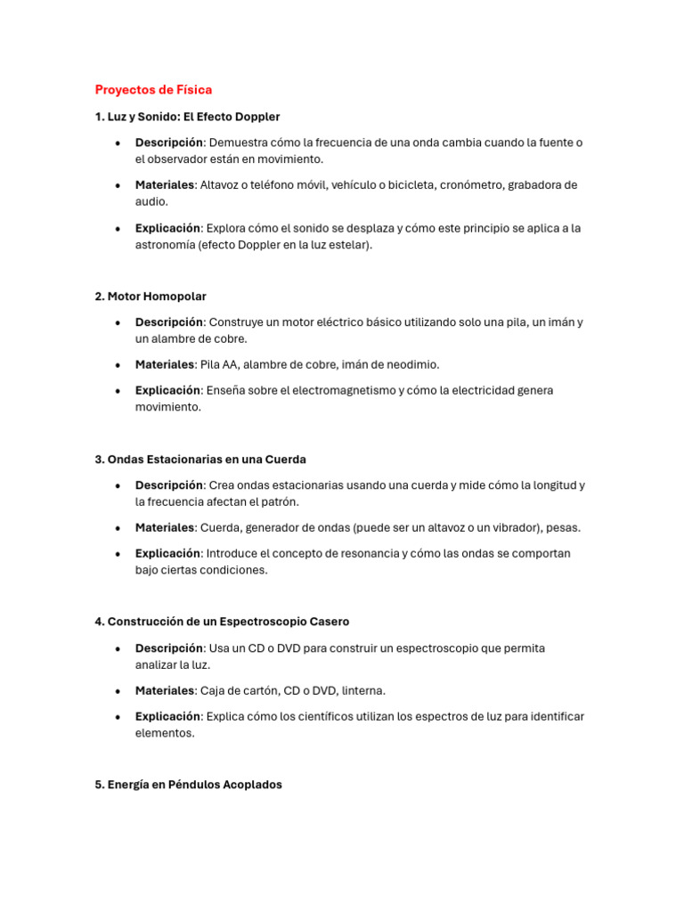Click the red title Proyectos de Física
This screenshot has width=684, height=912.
[x=153, y=90]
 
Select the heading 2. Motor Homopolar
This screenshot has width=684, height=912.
[x=151, y=296]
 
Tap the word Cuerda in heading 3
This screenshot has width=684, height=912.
[x=286, y=460]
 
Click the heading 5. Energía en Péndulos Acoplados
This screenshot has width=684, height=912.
[x=188, y=785]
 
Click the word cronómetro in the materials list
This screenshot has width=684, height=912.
[x=471, y=185]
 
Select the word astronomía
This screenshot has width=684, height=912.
[x=165, y=245]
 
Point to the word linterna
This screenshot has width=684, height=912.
[x=363, y=690]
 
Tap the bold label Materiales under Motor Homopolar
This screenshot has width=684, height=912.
[x=164, y=364]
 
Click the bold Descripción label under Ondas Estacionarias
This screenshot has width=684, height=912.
[x=169, y=485]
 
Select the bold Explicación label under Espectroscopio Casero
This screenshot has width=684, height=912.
[x=167, y=716]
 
